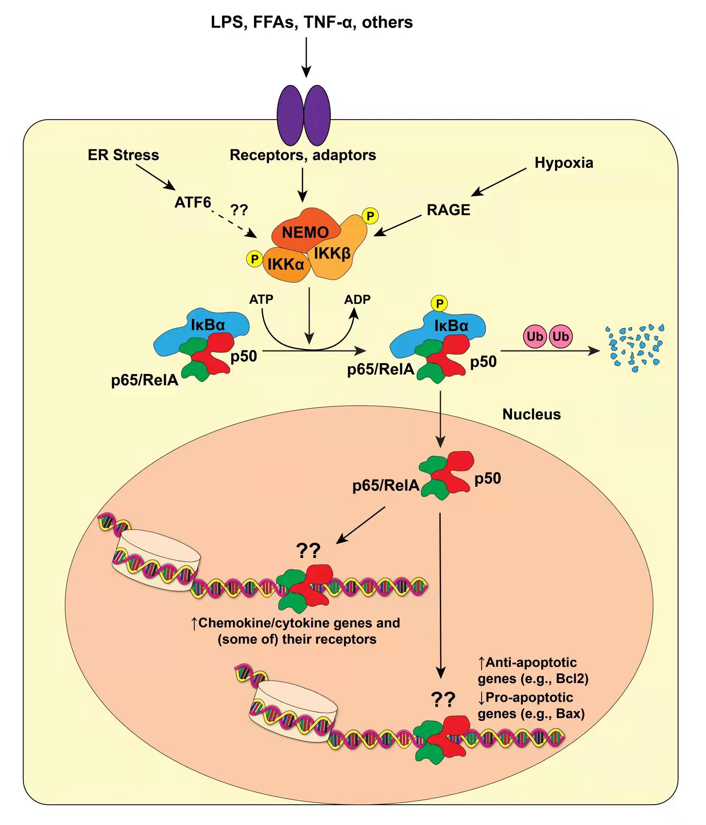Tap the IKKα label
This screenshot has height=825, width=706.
click(x=286, y=264)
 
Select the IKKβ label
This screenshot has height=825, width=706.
click(x=332, y=254)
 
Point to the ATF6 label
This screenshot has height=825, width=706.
click(x=193, y=202)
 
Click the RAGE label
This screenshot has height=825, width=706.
click(x=448, y=210)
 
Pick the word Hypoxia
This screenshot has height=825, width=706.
click(x=564, y=163)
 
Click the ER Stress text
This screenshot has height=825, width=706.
click(x=123, y=155)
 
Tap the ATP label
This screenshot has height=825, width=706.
click(x=261, y=299)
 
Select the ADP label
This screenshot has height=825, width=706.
click(x=357, y=300)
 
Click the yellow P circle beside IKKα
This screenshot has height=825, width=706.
click(x=255, y=259)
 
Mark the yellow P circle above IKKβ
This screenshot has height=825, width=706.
click(x=370, y=216)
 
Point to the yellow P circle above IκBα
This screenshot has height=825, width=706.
click(x=439, y=303)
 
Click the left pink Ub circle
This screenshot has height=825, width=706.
click(x=535, y=337)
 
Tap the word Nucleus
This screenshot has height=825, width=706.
click(x=532, y=415)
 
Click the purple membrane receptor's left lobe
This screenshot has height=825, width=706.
click(x=290, y=115)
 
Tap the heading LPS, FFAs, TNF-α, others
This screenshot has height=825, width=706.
click(x=312, y=22)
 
